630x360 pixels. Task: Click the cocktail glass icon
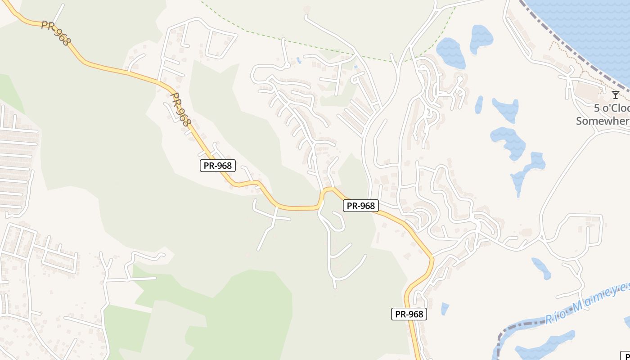(x=615, y=94)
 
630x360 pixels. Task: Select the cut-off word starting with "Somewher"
(x=603, y=121)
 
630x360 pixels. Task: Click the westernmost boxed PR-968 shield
(x=218, y=166)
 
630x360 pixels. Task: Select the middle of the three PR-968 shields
(x=361, y=206)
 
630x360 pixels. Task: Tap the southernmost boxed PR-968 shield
(x=409, y=314)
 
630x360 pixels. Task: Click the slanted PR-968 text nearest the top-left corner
(x=56, y=32)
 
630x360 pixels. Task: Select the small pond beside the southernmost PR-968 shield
(x=445, y=309)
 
